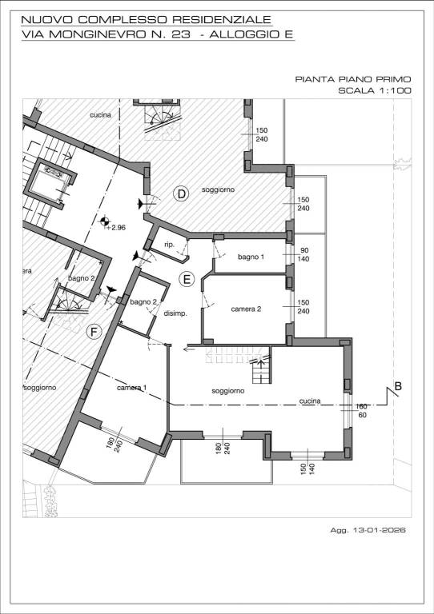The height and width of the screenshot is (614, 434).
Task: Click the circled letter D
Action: coord(181,193)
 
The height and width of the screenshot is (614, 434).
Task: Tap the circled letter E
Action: coord(187,279)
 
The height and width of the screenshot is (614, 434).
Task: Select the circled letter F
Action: coord(94,332)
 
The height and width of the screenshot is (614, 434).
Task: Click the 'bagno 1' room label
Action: coord(251,257)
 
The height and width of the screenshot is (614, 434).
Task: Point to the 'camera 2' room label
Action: coord(246,309)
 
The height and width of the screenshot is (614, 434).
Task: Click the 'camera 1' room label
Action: coord(132,388)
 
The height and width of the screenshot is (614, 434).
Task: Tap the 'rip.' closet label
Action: coord(169,245)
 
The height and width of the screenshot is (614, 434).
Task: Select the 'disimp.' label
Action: coord(175,313)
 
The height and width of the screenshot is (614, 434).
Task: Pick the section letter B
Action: coord(398,386)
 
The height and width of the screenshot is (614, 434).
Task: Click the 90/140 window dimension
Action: coord(304,254)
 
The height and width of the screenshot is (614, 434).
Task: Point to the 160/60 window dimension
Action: coord(361,411)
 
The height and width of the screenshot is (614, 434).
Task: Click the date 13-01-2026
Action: coord(379,530)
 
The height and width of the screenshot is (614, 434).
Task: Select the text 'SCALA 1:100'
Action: coord(375,90)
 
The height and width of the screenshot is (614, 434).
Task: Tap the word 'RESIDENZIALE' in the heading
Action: coord(222,19)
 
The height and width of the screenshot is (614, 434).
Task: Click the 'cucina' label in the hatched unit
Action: coord(100,115)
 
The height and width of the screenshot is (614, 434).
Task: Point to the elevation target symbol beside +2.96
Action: coord(104,221)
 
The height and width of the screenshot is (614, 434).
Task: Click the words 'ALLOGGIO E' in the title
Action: coord(251,34)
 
